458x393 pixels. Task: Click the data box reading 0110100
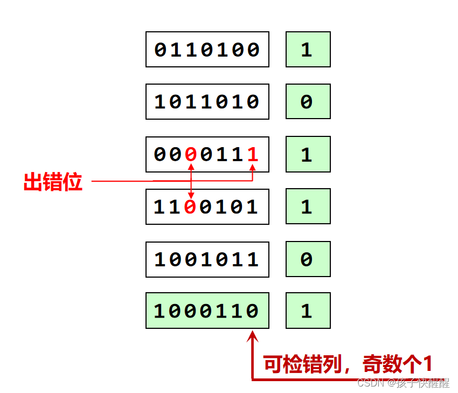click(207, 50)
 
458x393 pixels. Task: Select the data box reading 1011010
click(207, 101)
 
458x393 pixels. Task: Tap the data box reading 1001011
click(207, 259)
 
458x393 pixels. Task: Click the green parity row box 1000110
click(207, 311)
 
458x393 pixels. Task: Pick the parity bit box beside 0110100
click(308, 50)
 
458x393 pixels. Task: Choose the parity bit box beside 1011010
click(308, 101)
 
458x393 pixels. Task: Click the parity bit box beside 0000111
click(308, 154)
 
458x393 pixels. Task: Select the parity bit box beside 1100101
click(308, 206)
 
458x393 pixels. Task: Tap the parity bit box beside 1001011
click(308, 259)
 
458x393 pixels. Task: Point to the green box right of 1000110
click(308, 311)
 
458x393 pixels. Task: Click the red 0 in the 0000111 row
click(190, 155)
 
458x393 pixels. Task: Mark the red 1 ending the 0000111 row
click(253, 155)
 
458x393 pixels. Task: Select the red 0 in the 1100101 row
click(190, 207)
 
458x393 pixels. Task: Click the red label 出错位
click(53, 182)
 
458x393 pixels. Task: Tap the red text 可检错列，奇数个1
click(348, 364)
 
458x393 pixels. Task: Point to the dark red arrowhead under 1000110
click(252, 336)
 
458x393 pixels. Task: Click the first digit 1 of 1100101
click(159, 207)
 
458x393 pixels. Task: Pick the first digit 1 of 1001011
click(160, 260)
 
